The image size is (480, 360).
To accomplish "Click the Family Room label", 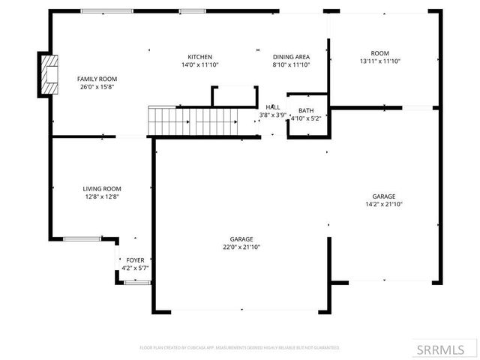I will [x=97, y=79].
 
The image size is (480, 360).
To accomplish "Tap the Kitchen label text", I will [x=199, y=57].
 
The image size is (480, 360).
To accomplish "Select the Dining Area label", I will [x=291, y=57].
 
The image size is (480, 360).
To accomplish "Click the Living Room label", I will [x=101, y=189].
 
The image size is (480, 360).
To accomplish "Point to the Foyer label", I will [x=135, y=260].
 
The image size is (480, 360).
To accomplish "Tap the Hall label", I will [x=273, y=107].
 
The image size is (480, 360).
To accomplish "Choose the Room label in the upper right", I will [x=379, y=53].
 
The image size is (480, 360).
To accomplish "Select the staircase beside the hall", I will [x=193, y=119].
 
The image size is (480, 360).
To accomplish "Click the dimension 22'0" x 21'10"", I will [x=241, y=247].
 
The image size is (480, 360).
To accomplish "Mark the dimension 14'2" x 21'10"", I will [x=385, y=204].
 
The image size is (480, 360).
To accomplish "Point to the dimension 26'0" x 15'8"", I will [x=97, y=87].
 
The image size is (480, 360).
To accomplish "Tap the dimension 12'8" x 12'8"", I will [x=101, y=196].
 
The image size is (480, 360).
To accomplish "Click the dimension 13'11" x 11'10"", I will [x=379, y=61].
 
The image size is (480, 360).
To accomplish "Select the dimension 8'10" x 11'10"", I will [x=291, y=65].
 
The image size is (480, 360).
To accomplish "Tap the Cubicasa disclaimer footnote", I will [x=240, y=348].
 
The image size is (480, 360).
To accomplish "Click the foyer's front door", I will [x=136, y=283].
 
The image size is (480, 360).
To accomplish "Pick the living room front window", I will [x=82, y=238].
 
